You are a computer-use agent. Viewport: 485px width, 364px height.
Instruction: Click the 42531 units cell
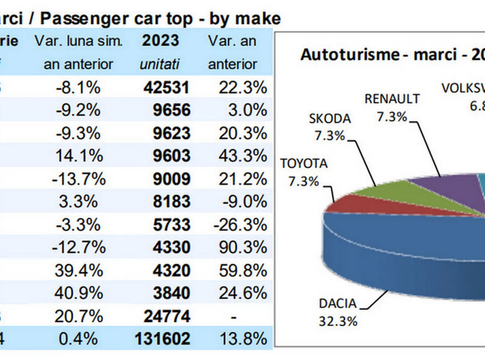(166, 87)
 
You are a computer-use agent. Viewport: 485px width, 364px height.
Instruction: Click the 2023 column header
(160, 41)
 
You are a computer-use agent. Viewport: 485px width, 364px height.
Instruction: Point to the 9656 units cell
(171, 110)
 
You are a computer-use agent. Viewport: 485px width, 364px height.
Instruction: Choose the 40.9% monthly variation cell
(78, 293)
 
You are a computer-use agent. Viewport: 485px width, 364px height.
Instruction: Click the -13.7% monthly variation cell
(78, 179)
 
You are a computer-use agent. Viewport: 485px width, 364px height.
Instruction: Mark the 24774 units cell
(166, 316)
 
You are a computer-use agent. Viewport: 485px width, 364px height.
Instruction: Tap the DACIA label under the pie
(337, 304)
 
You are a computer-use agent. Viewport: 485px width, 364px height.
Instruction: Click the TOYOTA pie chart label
(304, 164)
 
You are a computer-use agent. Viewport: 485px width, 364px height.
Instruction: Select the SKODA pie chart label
(330, 119)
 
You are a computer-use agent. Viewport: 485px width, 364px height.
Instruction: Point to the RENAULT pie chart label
(392, 99)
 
